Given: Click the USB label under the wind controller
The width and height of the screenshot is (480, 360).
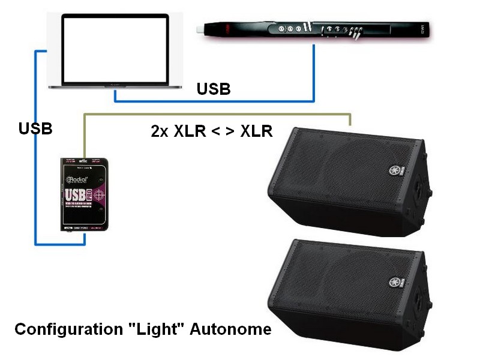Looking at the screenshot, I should [x=214, y=89].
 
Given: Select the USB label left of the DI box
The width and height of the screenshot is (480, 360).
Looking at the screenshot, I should [x=35, y=128].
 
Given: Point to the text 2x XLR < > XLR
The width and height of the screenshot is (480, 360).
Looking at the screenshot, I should [x=212, y=131].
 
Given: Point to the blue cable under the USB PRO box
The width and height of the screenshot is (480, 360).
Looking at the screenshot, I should [x=60, y=243].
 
